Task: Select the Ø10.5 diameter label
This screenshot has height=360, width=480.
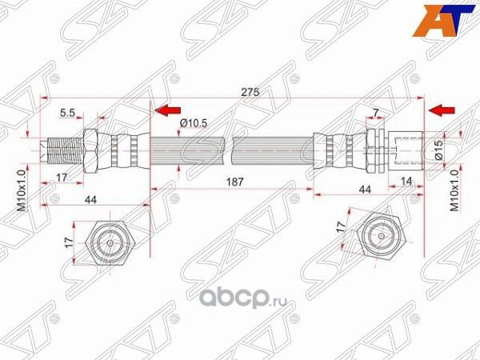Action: [194, 122]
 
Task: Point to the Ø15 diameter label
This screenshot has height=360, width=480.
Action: [440, 150]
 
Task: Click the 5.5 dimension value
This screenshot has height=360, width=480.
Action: [68, 114]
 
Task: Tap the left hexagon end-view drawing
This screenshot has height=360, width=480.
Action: [107, 239]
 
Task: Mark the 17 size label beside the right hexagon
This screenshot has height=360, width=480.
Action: [342, 226]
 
